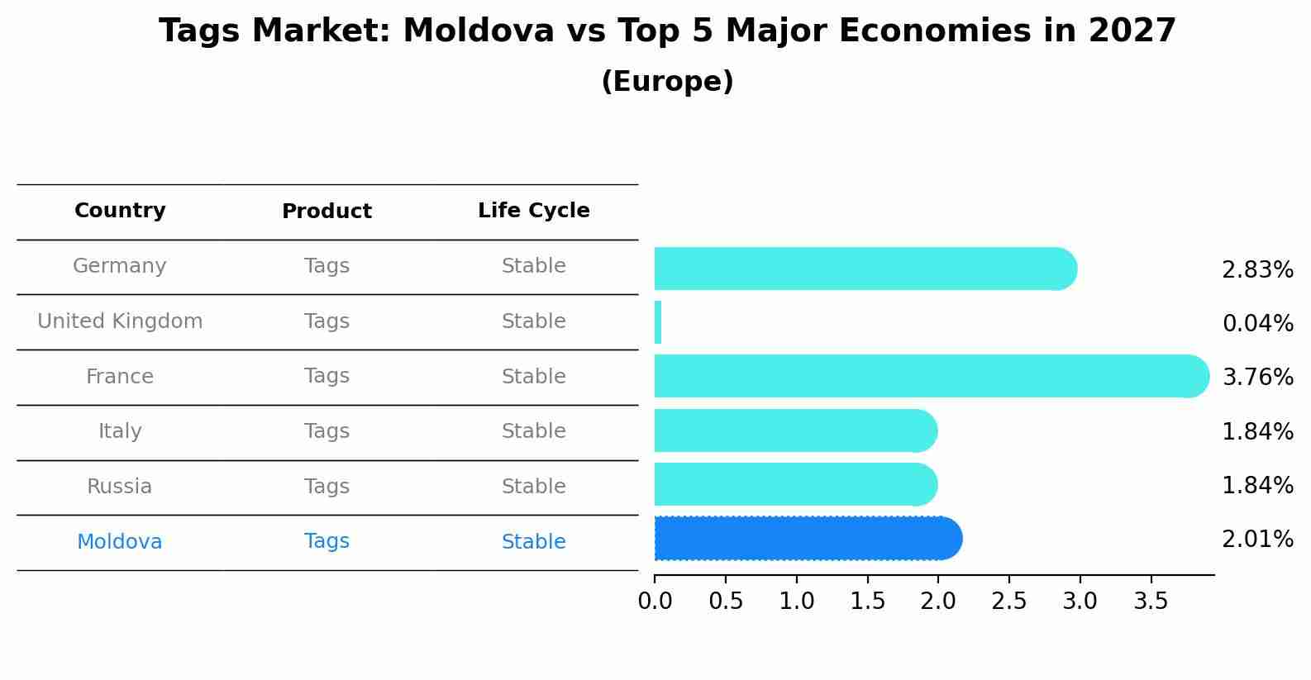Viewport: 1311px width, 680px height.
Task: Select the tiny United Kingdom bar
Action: click(658, 322)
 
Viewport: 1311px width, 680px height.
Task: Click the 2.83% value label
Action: click(1257, 270)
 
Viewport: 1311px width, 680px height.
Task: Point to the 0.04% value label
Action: click(1257, 324)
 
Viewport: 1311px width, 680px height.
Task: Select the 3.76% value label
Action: click(1257, 378)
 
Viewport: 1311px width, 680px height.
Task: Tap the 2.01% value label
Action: click(1257, 540)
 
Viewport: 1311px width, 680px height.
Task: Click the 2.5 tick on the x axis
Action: click(1009, 602)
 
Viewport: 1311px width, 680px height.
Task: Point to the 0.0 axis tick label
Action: click(655, 602)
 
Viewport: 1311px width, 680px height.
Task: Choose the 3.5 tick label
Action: click(1151, 602)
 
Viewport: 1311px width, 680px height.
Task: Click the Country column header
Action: click(120, 211)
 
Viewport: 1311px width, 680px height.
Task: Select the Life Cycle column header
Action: click(533, 211)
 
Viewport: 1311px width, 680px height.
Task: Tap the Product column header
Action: click(327, 212)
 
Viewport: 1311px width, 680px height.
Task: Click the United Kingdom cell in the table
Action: click(120, 321)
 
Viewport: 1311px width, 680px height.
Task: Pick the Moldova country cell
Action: click(120, 542)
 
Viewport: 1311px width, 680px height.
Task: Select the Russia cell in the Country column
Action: click(120, 487)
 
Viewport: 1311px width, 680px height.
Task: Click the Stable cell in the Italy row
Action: click(533, 431)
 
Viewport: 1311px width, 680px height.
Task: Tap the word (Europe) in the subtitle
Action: click(667, 82)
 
